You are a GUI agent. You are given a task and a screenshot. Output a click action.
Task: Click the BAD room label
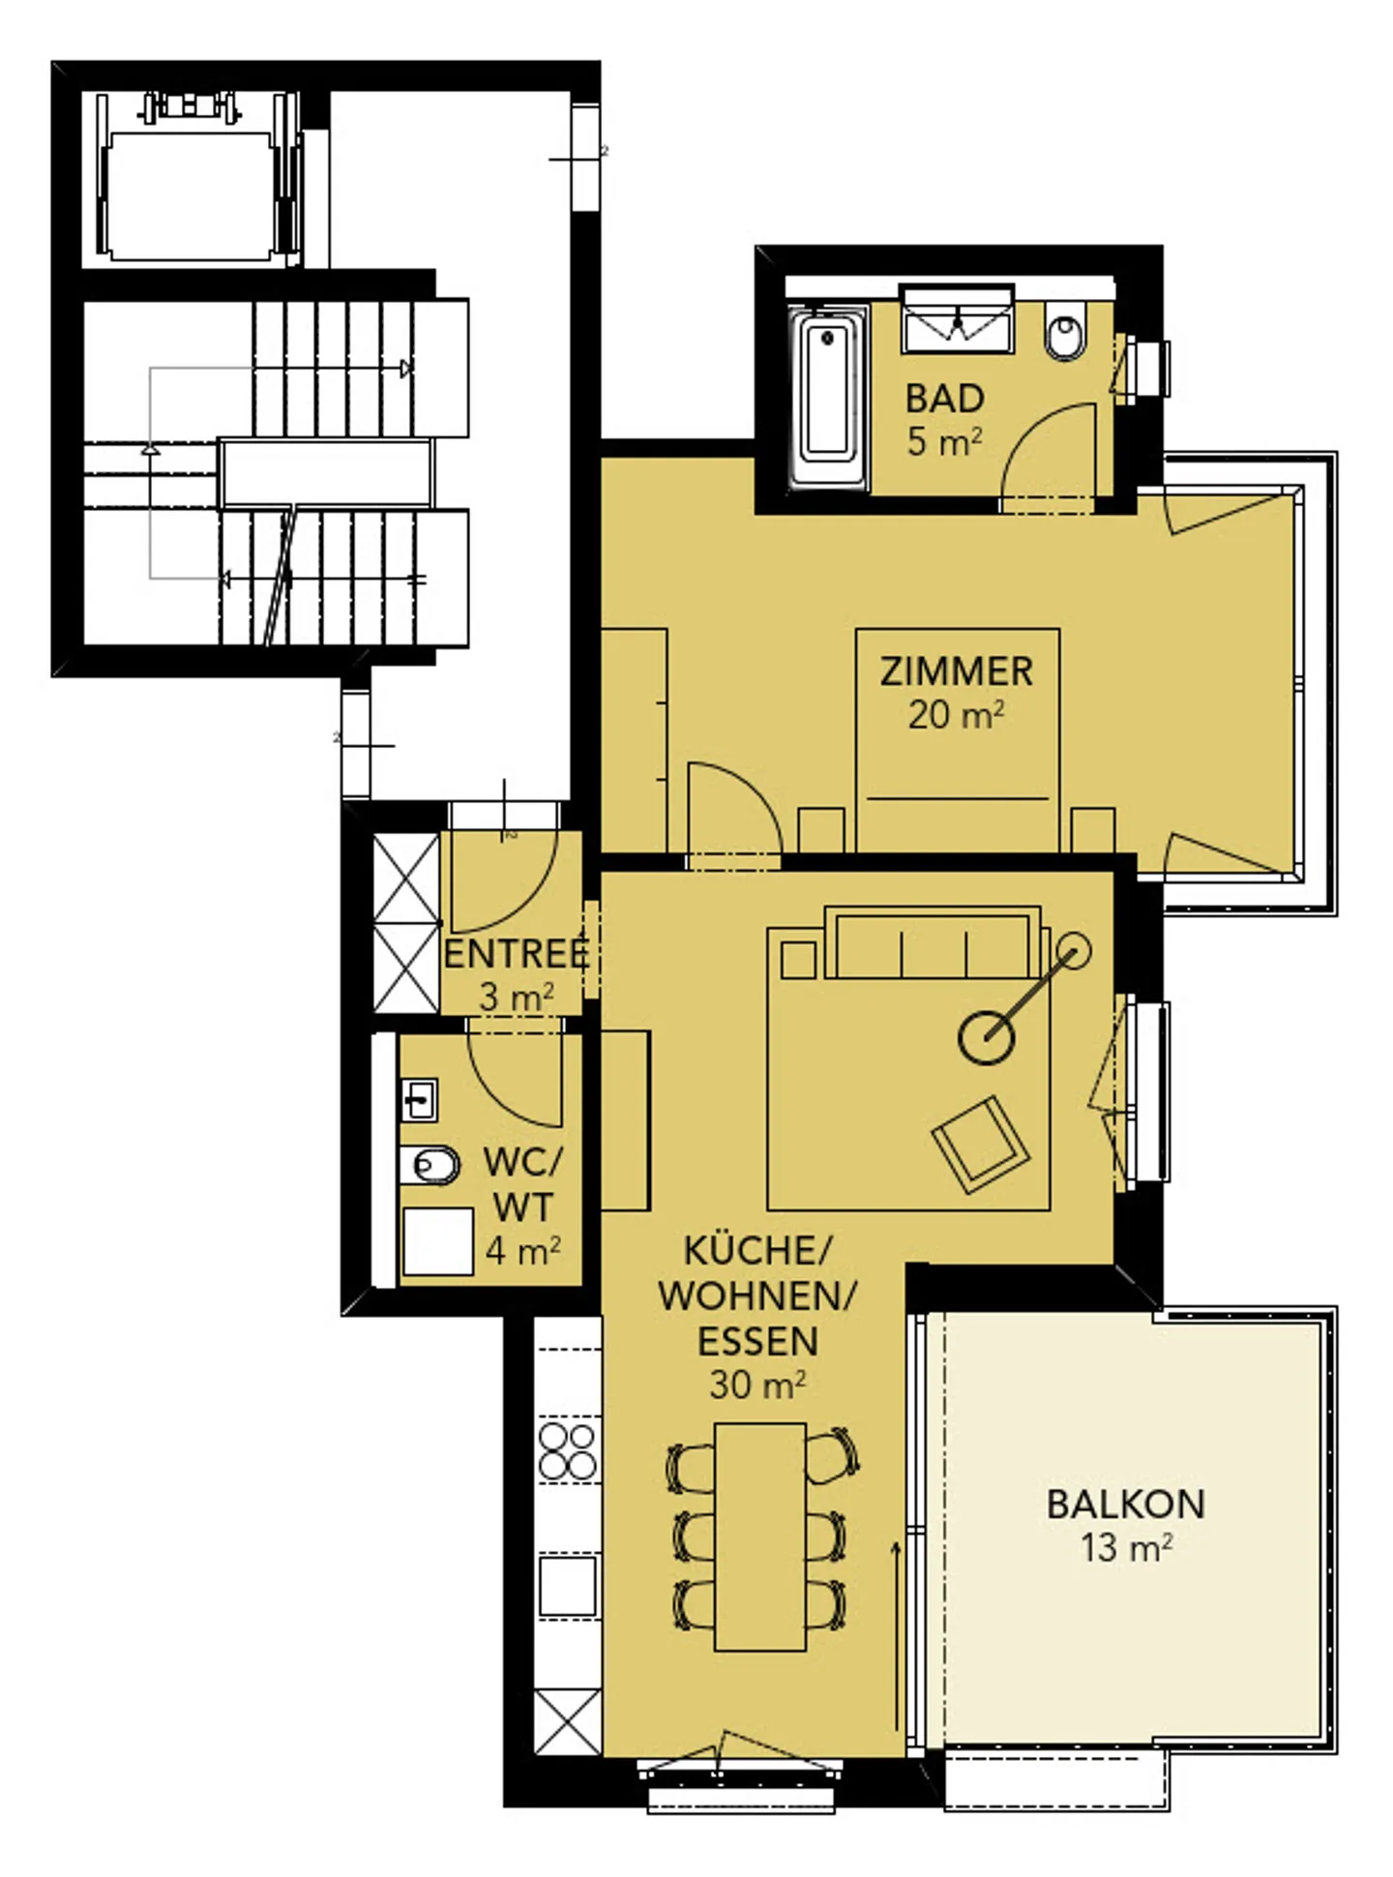[x=944, y=398]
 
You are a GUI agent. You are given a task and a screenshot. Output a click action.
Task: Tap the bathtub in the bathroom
[x=827, y=398]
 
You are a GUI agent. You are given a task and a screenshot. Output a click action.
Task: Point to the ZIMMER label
[x=956, y=671]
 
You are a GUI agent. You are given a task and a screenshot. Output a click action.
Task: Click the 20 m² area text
[x=956, y=715]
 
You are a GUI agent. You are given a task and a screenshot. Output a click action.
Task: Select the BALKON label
[x=1125, y=1505]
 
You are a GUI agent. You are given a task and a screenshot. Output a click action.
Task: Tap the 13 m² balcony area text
[x=1125, y=1548]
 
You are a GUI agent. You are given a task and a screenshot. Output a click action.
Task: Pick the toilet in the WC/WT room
[x=429, y=1165]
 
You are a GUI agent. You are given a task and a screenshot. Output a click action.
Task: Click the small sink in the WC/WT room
[x=419, y=1100]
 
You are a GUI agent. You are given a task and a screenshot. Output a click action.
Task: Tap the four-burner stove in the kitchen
[x=567, y=1450]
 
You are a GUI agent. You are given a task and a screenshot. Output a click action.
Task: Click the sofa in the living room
[x=934, y=943]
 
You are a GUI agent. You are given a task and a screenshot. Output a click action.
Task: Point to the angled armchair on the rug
[x=979, y=1143]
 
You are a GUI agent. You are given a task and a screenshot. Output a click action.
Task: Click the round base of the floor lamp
[x=986, y=1037]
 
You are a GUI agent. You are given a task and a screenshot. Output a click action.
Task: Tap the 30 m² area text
[x=757, y=1385]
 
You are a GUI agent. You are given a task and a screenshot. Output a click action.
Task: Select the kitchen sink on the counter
[x=567, y=1585]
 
